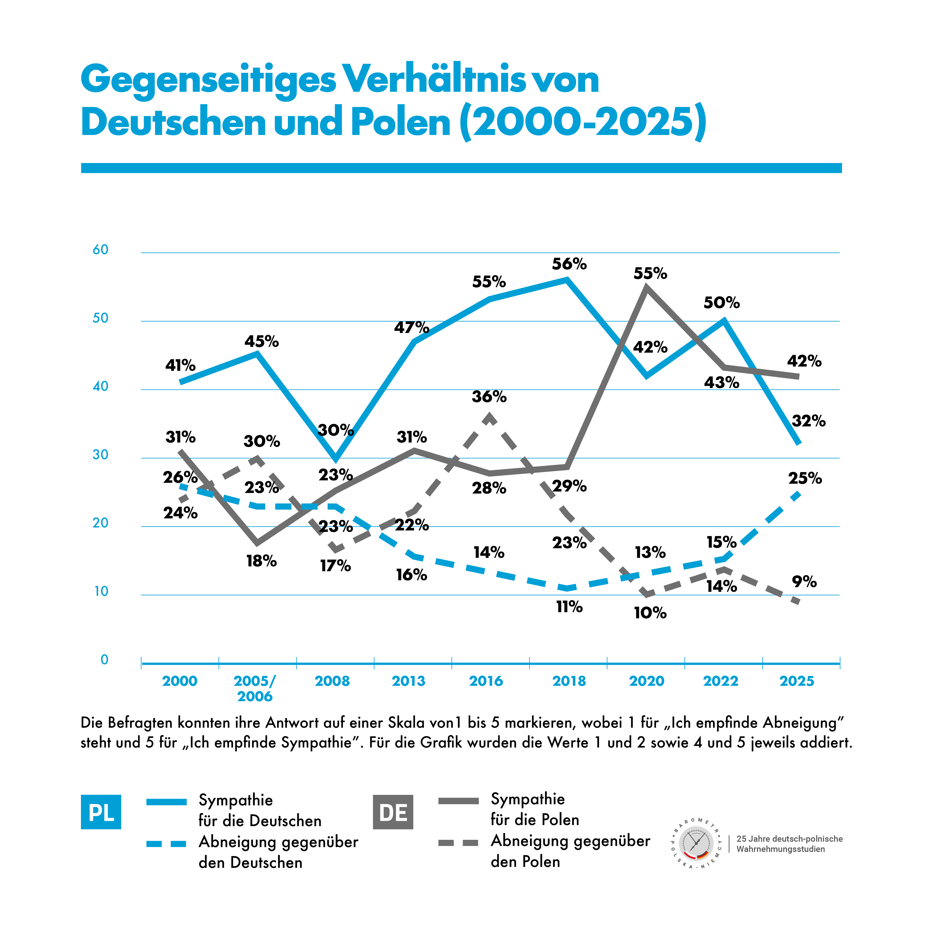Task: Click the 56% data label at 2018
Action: (569, 264)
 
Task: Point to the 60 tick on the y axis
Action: (101, 250)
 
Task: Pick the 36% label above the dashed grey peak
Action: (489, 397)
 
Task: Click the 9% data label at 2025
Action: (804, 582)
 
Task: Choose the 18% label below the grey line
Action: (261, 561)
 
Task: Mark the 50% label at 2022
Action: (721, 303)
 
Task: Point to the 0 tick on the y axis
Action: (104, 660)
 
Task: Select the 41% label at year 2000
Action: (180, 366)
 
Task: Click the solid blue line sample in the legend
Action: (166, 802)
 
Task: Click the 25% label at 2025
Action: (805, 478)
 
